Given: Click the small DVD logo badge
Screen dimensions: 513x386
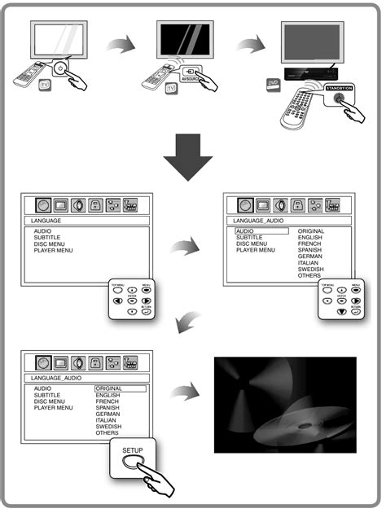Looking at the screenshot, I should [x=271, y=83].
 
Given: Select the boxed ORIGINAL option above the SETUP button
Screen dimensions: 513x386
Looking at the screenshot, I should [x=121, y=388].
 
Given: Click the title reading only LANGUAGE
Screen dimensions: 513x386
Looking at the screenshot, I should [x=48, y=220].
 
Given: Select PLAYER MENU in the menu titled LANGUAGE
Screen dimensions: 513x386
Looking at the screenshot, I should [x=54, y=250].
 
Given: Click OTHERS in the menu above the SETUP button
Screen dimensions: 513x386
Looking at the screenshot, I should [x=107, y=432].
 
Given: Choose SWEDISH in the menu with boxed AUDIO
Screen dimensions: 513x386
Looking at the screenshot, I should [x=311, y=269].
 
